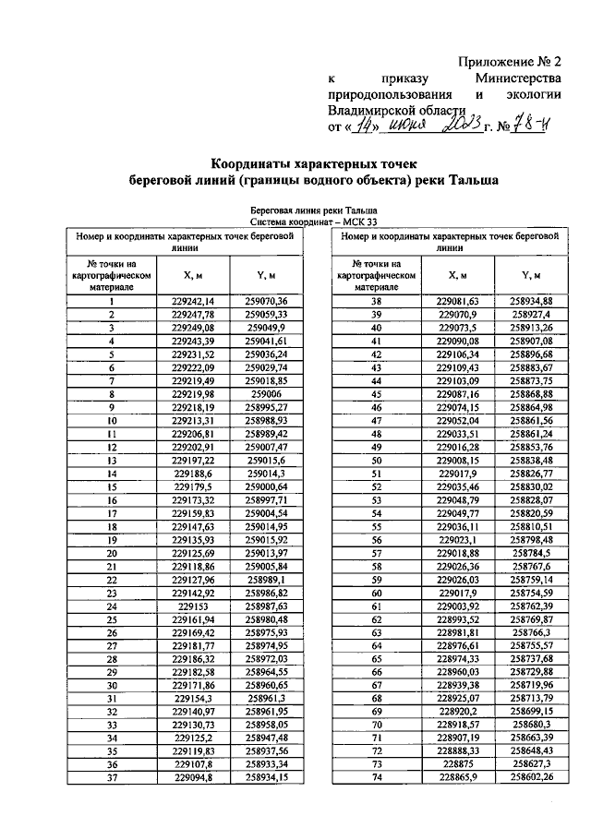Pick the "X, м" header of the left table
192,275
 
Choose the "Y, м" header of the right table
530,275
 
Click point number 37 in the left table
111,779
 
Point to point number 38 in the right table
376,301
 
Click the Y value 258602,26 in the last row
530,779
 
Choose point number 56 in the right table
376,540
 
